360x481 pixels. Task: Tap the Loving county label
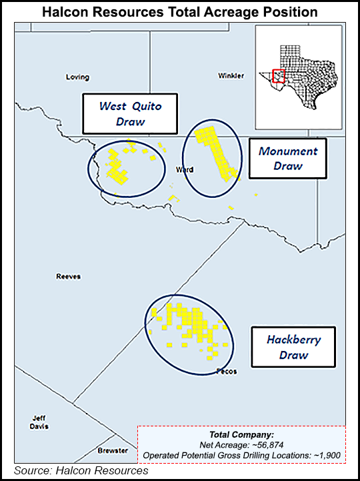point(77,77)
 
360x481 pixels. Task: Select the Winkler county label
point(231,76)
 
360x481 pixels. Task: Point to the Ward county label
point(184,170)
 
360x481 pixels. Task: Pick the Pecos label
point(226,371)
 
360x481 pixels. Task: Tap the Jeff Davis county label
point(39,422)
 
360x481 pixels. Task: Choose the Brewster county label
point(112,451)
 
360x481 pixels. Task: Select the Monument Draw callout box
point(287,159)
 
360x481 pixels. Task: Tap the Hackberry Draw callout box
point(293,347)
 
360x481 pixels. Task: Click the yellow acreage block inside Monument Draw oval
point(215,150)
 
